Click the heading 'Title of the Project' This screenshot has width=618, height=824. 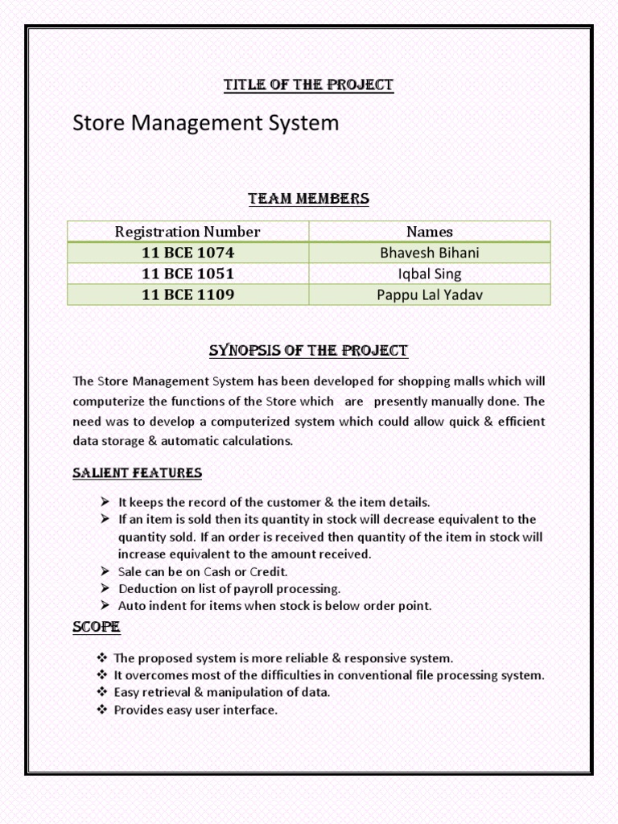click(x=309, y=84)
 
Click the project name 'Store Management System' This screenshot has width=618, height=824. click(x=206, y=123)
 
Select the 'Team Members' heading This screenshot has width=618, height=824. click(x=309, y=198)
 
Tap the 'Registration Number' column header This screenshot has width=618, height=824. click(x=187, y=232)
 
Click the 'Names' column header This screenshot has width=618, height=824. click(x=430, y=232)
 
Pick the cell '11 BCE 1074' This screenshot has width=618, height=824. click(x=187, y=253)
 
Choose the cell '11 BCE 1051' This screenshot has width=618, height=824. click(x=187, y=274)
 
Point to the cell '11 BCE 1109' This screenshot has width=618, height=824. click(x=187, y=295)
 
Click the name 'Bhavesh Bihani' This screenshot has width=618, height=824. click(x=430, y=253)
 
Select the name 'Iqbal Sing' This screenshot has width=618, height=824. click(x=430, y=274)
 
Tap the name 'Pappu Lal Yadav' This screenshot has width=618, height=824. click(x=430, y=295)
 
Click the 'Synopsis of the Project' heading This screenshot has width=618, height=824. click(x=309, y=351)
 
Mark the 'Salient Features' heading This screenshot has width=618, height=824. click(x=138, y=472)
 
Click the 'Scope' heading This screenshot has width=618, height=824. click(x=97, y=626)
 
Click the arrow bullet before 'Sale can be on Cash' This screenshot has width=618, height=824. click(x=105, y=571)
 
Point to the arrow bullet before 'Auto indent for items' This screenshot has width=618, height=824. click(x=105, y=606)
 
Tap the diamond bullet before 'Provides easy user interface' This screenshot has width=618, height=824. click(x=102, y=711)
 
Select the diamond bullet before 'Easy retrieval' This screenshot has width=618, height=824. click(x=102, y=693)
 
